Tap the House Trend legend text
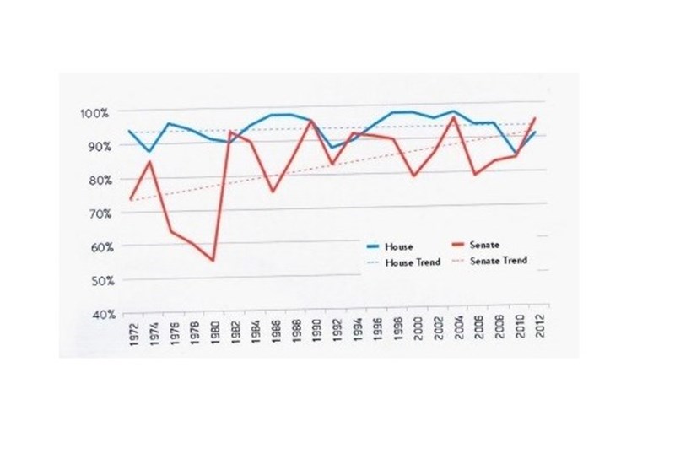point(412,262)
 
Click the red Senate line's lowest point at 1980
point(213,261)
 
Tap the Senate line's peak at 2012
point(535,118)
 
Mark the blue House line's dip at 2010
point(516,153)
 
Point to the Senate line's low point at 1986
point(272,192)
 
